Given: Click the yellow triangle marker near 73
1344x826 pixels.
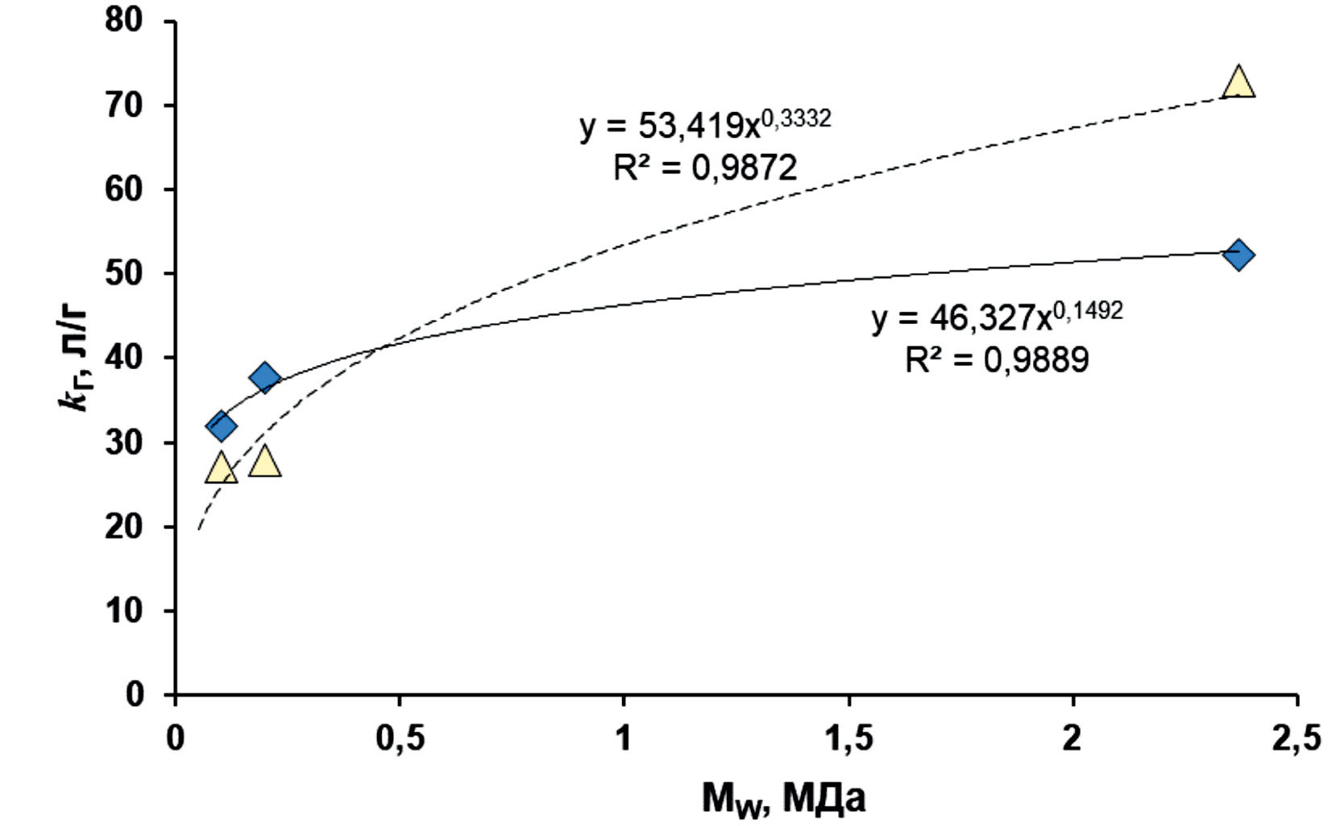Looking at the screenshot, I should pyautogui.click(x=1238, y=83).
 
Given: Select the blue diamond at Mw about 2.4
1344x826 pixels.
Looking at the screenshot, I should pyautogui.click(x=1238, y=255).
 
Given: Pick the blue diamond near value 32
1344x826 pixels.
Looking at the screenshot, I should pyautogui.click(x=221, y=425).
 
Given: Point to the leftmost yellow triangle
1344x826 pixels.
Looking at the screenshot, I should pyautogui.click(x=220, y=468).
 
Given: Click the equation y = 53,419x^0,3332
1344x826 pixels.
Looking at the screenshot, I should pyautogui.click(x=704, y=124).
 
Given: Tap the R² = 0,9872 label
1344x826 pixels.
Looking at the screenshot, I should pyautogui.click(x=704, y=168).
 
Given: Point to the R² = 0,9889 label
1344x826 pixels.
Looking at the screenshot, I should pyautogui.click(x=997, y=359).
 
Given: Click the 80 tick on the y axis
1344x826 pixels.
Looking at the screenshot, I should pyautogui.click(x=124, y=21).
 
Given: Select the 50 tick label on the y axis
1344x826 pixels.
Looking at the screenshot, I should pyautogui.click(x=124, y=274).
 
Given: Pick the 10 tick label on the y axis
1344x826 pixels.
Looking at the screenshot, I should pyautogui.click(x=124, y=611).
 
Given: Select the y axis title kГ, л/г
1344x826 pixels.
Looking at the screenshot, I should pyautogui.click(x=77, y=358).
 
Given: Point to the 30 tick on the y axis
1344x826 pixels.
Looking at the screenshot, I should pyautogui.click(x=124, y=442).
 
